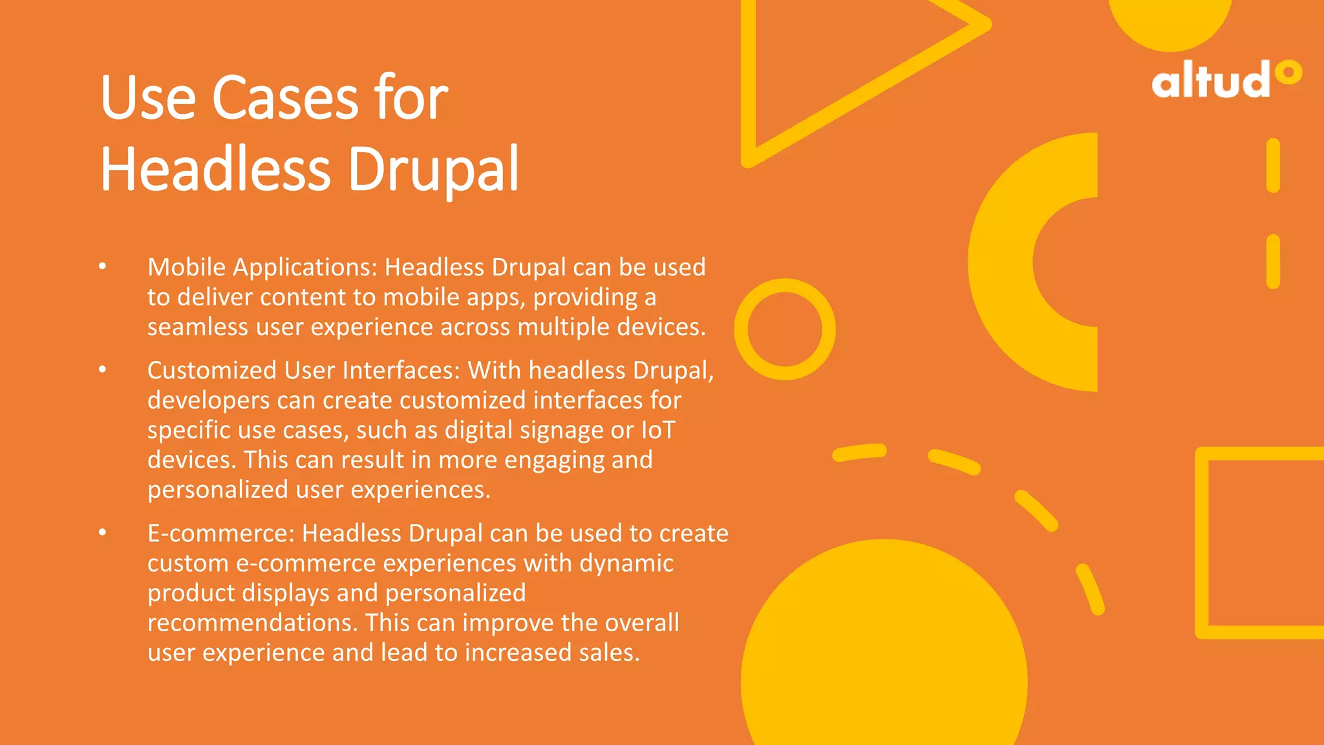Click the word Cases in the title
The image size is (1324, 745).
[285, 98]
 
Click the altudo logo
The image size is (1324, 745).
[1226, 80]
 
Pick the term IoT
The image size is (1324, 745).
[658, 430]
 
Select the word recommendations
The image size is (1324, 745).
[252, 623]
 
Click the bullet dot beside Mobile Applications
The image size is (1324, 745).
[102, 266]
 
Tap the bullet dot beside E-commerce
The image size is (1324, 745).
[102, 532]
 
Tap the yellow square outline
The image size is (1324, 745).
[1202, 543]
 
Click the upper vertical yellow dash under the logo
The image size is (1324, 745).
[1273, 166]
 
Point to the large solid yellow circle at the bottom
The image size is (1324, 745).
[884, 653]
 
